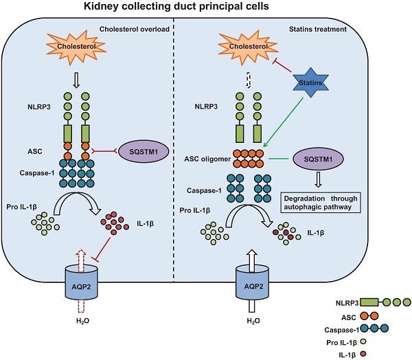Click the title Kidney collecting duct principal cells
(206, 8)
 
